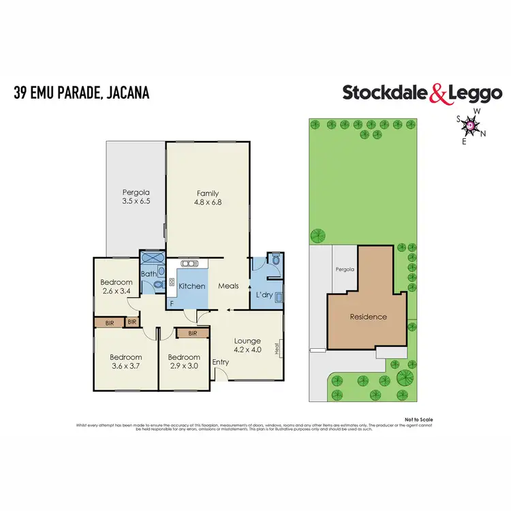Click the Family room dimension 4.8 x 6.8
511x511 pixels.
click(208, 202)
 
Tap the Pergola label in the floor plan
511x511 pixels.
click(136, 191)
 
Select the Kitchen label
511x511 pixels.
click(191, 286)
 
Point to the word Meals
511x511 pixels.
click(228, 286)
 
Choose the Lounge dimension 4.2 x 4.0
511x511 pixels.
click(248, 350)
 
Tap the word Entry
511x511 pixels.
click(221, 362)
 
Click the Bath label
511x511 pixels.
click(148, 275)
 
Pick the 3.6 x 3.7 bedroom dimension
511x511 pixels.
click(125, 366)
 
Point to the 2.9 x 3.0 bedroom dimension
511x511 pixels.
click(184, 366)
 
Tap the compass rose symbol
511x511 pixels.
click(470, 124)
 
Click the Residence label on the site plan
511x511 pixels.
click(368, 316)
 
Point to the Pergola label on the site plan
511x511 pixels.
click(345, 269)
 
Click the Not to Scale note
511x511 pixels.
click(418, 419)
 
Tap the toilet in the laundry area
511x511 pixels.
click(275, 260)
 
